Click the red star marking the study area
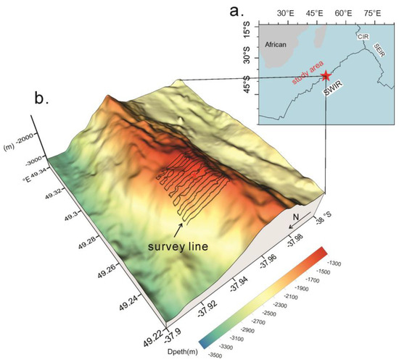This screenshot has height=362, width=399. [326, 75]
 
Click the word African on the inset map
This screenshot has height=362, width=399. [276, 44]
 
